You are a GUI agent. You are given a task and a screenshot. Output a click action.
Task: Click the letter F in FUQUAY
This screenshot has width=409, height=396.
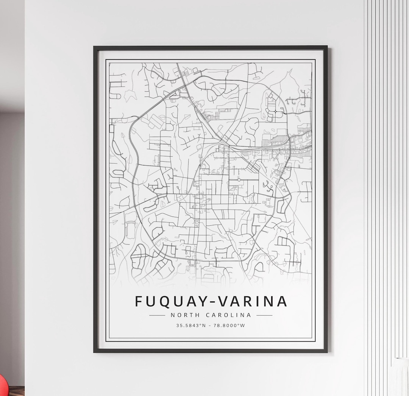click(139, 301)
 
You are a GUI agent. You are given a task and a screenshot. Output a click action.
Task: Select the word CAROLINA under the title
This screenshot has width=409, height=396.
click(228, 315)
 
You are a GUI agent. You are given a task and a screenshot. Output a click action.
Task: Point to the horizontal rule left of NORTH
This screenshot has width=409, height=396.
click(157, 315)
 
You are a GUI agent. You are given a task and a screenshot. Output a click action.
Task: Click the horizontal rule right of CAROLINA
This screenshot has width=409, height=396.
click(264, 315)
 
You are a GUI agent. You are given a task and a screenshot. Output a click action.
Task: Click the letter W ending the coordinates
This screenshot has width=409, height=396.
click(243, 325)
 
